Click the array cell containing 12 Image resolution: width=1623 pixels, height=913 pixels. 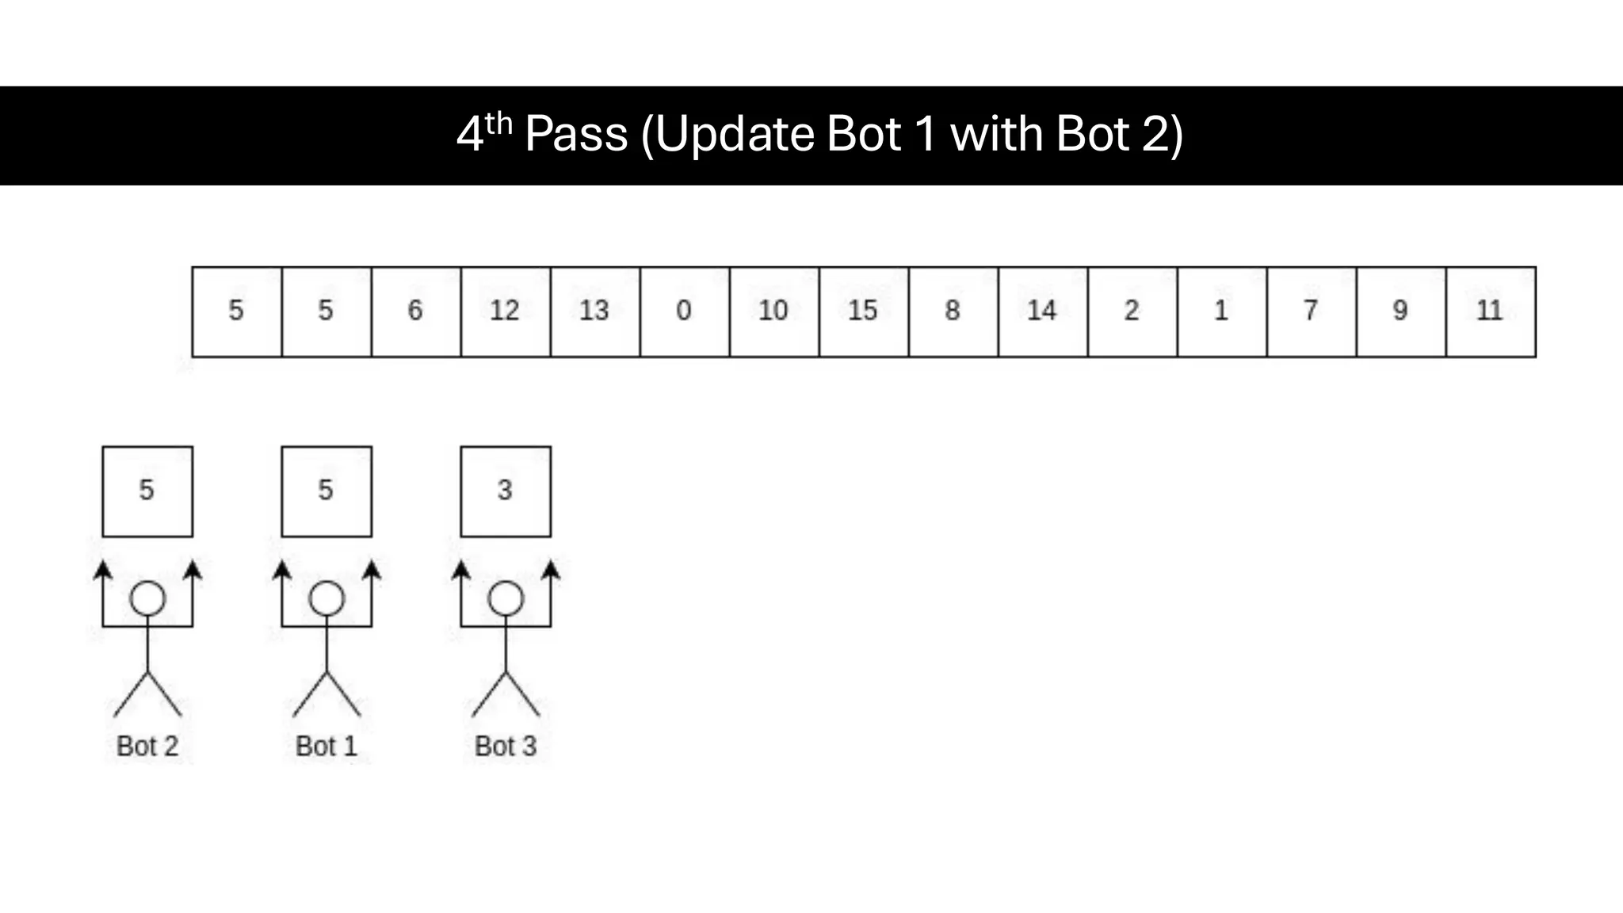(x=505, y=311)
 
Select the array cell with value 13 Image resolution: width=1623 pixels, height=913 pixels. (x=594, y=311)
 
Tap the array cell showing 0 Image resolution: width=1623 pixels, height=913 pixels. (x=684, y=311)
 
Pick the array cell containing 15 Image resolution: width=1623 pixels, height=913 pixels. (x=863, y=311)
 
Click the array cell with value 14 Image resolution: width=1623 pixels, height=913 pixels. (x=1042, y=311)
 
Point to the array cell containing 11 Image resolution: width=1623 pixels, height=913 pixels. (x=1490, y=311)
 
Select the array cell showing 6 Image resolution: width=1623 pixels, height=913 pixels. (x=415, y=311)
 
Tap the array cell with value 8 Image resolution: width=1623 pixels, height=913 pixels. (x=953, y=311)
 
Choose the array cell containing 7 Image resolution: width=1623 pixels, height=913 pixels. (x=1311, y=311)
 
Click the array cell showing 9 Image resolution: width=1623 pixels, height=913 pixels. (x=1400, y=311)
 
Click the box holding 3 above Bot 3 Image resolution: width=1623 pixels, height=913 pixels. (x=506, y=491)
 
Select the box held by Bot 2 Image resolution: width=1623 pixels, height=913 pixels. (x=147, y=491)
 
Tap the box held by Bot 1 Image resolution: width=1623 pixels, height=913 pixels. (x=327, y=491)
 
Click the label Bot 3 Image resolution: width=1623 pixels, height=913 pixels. (x=506, y=746)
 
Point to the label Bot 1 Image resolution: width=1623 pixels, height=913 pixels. (x=327, y=746)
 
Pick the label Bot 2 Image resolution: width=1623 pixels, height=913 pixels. (x=147, y=746)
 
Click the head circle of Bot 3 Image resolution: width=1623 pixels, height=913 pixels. (x=506, y=599)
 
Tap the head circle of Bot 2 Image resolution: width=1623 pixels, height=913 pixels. (x=147, y=599)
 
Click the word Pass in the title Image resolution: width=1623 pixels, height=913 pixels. (x=576, y=134)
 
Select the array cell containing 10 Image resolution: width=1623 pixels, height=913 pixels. (x=773, y=311)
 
